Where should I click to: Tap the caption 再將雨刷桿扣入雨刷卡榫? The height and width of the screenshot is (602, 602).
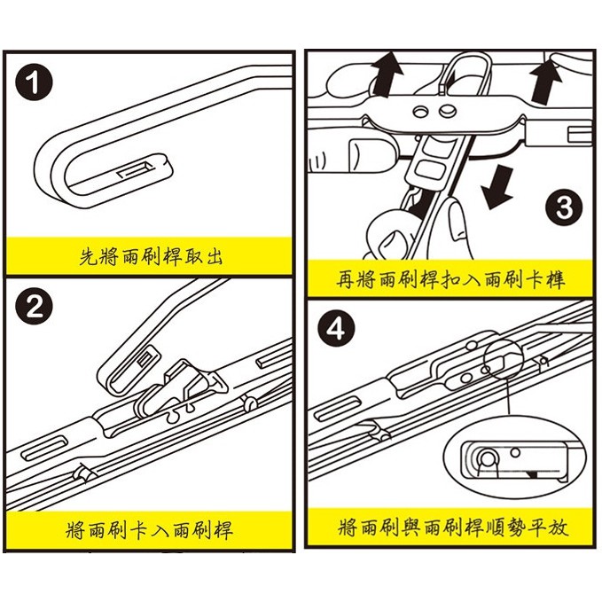click(x=451, y=280)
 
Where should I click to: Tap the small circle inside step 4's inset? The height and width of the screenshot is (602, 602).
click(x=486, y=457)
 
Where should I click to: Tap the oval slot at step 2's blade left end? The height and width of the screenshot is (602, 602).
click(x=44, y=443)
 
